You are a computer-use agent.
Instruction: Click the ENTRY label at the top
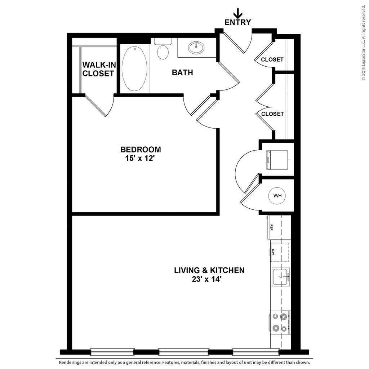tap(237, 22)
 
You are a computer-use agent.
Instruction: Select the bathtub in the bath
tap(135, 68)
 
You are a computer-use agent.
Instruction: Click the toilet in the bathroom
tap(163, 51)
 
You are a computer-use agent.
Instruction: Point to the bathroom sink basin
tap(196, 47)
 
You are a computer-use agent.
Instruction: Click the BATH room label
tap(182, 73)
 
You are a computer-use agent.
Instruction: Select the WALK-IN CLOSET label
tap(98, 69)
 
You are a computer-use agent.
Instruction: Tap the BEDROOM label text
tap(141, 149)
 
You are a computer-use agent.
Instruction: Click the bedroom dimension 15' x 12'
tap(141, 158)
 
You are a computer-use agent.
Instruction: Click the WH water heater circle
tap(277, 196)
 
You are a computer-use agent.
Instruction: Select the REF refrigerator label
tap(271, 227)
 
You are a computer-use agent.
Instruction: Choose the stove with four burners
tap(280, 323)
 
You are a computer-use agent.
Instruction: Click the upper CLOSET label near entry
tap(272, 59)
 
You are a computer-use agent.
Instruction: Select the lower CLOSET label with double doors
tap(272, 114)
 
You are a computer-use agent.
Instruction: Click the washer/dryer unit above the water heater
tap(277, 160)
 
